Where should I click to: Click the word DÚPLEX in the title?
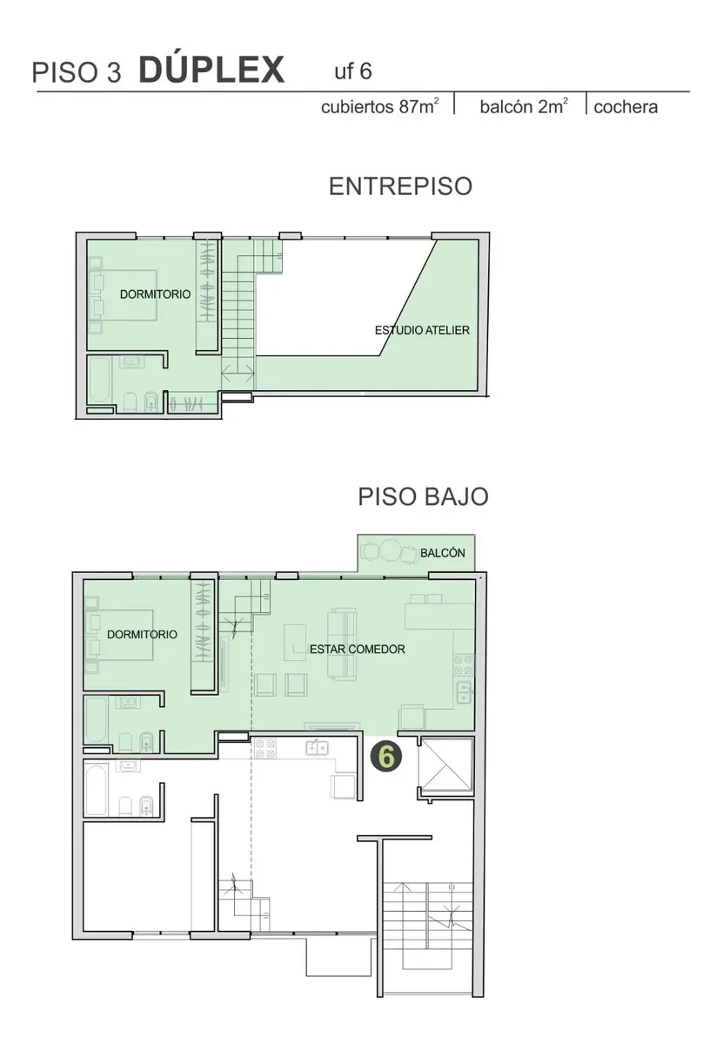pos(211,70)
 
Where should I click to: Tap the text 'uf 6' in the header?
pos(353,71)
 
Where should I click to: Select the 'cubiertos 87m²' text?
pos(379,107)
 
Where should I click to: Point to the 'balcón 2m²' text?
pos(524,107)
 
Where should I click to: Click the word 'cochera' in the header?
pos(626,107)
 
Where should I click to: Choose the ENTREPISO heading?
pos(400,186)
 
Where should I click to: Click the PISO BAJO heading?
pos(423,496)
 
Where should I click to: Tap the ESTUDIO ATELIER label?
pos(422,330)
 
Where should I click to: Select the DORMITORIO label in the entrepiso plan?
pos(155,294)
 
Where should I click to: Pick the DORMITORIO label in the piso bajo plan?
pos(142,635)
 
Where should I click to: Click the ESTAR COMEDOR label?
pos(357,650)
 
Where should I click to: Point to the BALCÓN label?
pos(442,553)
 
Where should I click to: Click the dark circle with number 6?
pos(386,758)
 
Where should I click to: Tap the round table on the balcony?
pos(390,551)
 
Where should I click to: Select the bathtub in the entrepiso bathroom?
pos(100,380)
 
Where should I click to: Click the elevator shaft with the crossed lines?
pos(445,765)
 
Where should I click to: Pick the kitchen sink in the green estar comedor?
pos(464,692)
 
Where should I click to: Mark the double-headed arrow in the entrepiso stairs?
pos(238,374)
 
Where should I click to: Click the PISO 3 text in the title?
pos(77,73)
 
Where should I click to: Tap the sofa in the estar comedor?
pos(342,644)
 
